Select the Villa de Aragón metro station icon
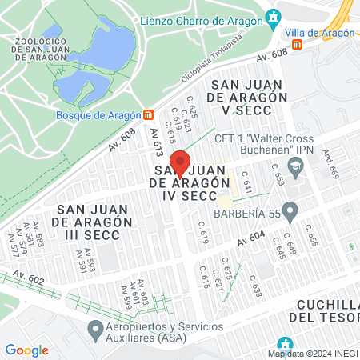(x=297, y=45)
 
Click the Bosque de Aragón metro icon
(x=146, y=115)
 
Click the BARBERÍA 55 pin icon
(x=290, y=212)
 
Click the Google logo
(x=26, y=350)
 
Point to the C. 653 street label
(x=278, y=178)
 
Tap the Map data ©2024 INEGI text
(x=313, y=354)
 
